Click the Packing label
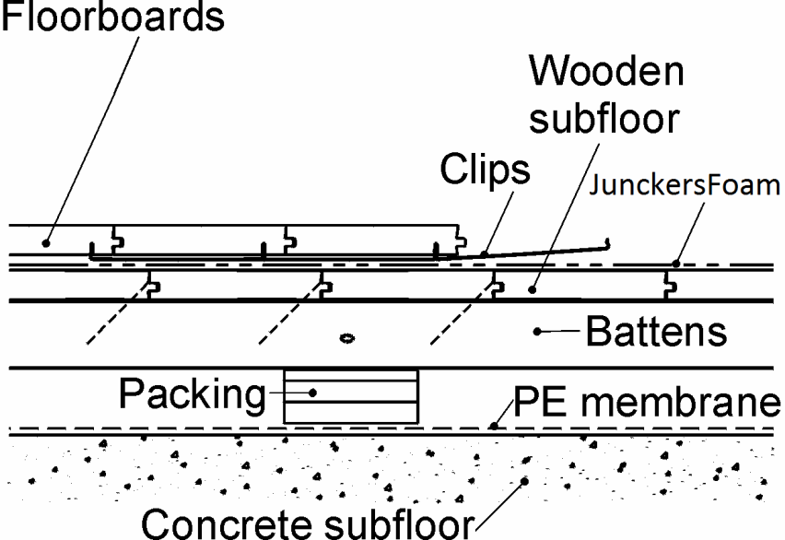point(192,394)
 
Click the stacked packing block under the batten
point(351,395)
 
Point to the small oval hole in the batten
point(347,338)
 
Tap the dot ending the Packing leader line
point(311,393)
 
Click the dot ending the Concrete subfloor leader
point(524,481)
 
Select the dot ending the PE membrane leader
point(495,426)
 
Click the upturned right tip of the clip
point(608,243)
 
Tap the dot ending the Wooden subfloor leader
point(532,290)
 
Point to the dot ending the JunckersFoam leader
point(674,264)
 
